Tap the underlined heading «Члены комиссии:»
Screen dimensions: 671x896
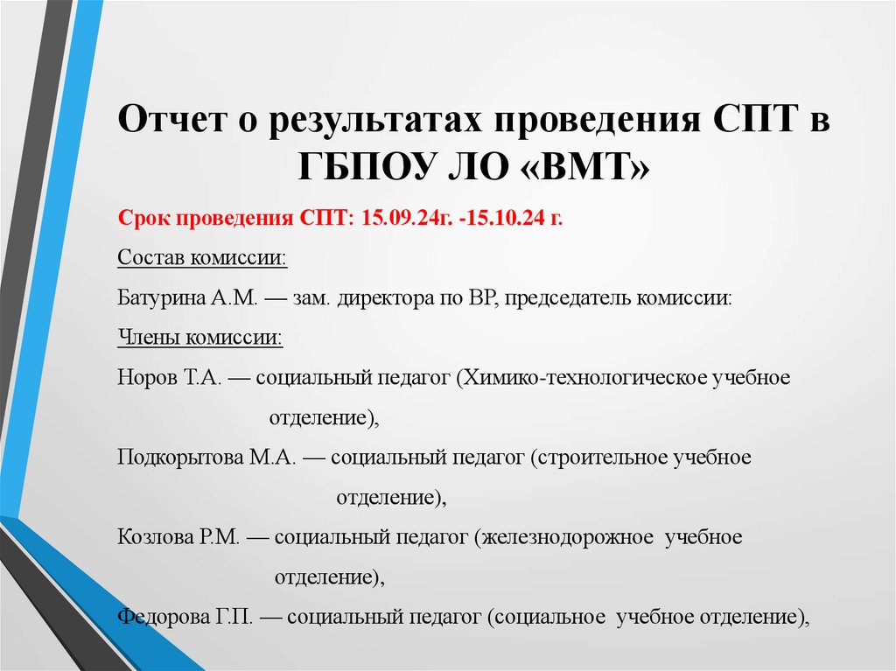tap(199, 338)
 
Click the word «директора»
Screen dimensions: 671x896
tap(388, 297)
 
